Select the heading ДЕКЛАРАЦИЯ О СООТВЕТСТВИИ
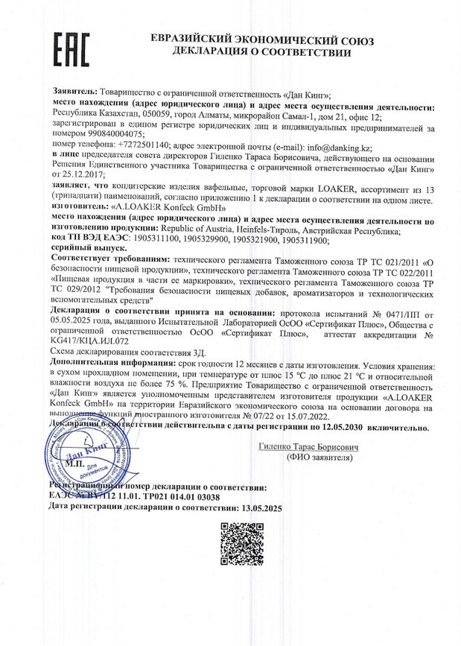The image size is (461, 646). pyautogui.click(x=261, y=52)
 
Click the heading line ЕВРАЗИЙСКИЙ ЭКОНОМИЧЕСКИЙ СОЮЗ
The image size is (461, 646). pyautogui.click(x=262, y=39)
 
